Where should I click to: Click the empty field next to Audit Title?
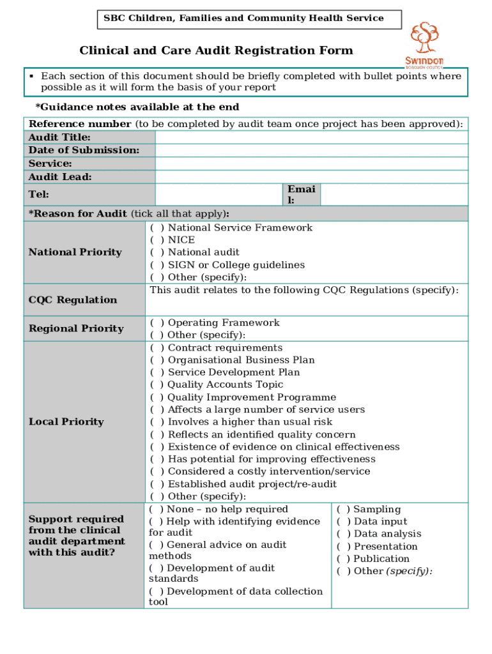[x=311, y=137]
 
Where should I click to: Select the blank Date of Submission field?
[x=311, y=151]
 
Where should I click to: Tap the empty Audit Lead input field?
[x=311, y=177]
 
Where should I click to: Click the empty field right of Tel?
[x=219, y=194]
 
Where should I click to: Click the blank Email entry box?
[x=394, y=194]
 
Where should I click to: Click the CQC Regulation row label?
[x=73, y=300]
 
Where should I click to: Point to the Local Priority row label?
[x=66, y=422]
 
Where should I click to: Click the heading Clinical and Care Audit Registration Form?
[x=216, y=51]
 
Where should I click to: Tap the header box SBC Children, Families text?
[x=243, y=19]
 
